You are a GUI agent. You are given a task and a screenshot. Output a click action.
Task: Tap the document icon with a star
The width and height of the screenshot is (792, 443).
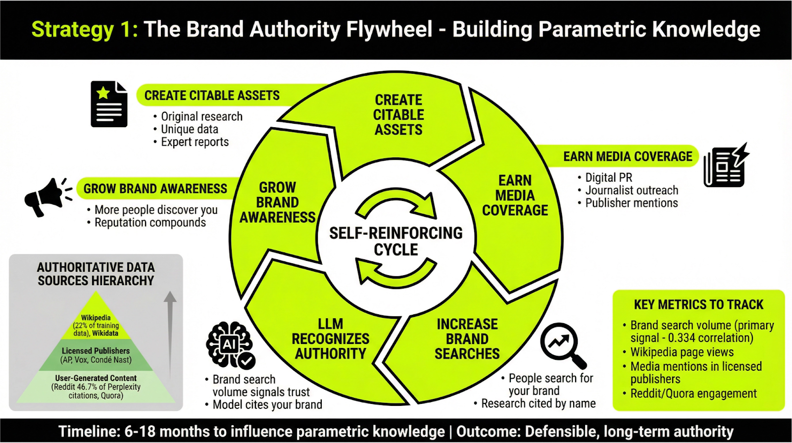(x=109, y=104)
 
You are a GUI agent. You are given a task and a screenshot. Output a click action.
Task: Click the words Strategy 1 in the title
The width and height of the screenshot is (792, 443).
(x=85, y=29)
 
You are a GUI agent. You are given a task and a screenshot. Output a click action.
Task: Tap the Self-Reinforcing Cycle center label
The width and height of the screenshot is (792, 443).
(x=396, y=241)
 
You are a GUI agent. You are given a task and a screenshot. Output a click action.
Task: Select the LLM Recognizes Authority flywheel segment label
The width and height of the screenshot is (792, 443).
(x=330, y=339)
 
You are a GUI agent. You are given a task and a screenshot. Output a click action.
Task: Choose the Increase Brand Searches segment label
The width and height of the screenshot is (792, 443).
(x=467, y=339)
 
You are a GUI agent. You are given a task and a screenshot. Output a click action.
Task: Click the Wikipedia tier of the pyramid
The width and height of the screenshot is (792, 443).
(x=96, y=325)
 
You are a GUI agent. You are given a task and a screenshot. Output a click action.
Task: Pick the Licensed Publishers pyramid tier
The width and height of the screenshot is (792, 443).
(x=96, y=355)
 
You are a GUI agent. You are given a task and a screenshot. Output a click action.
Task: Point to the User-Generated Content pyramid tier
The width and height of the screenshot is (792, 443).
(x=96, y=387)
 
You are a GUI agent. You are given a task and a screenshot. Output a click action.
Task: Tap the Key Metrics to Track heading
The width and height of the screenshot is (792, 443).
(x=698, y=304)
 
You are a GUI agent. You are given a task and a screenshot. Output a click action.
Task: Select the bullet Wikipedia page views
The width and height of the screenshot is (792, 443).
(x=682, y=352)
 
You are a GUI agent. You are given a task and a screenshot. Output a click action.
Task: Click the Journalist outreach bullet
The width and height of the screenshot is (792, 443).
(x=632, y=191)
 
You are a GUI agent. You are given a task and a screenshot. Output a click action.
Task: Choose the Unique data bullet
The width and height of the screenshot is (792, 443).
(x=190, y=129)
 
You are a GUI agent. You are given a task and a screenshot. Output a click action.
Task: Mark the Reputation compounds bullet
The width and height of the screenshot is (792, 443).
(x=150, y=223)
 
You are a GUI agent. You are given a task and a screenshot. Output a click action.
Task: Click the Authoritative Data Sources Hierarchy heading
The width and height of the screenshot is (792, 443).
(x=96, y=274)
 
